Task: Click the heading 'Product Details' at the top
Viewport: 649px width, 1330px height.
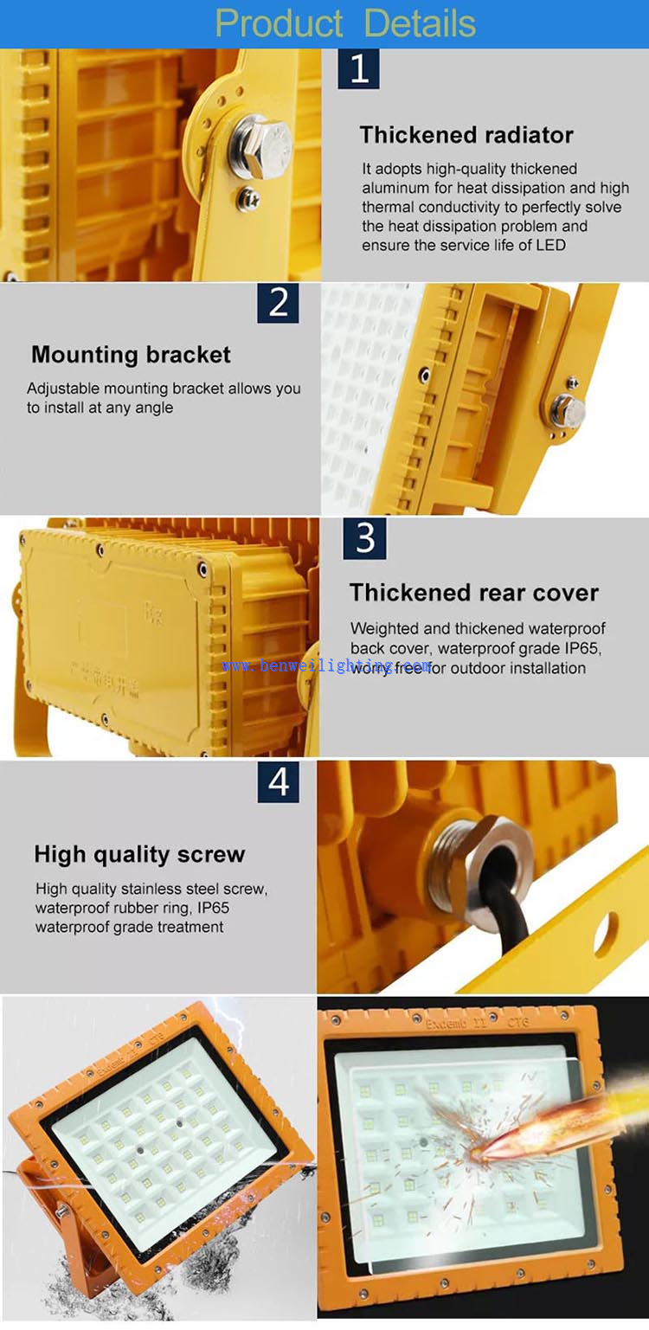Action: click(345, 23)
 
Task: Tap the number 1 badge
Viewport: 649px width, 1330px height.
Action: click(359, 69)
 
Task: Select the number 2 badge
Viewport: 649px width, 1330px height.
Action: click(278, 302)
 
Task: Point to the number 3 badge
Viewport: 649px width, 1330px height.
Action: click(364, 538)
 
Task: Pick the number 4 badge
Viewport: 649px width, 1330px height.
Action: click(278, 782)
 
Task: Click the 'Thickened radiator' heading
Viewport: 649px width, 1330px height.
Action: click(466, 135)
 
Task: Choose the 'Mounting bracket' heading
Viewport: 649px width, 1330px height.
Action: click(131, 355)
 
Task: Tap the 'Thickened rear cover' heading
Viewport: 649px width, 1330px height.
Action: click(473, 593)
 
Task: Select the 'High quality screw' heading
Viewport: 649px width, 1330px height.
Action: click(139, 855)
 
